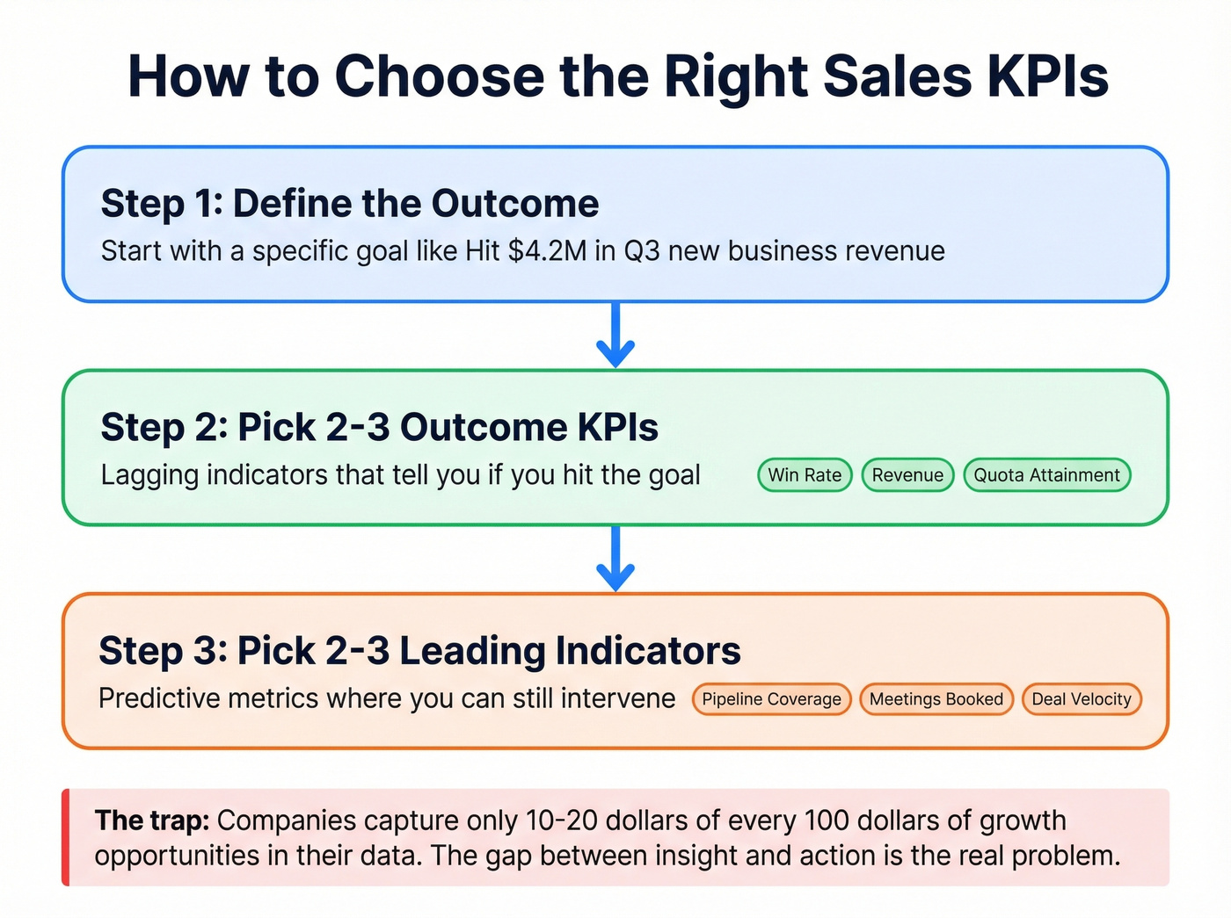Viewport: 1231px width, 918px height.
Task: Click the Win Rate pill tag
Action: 805,475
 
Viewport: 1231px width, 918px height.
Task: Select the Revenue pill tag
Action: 907,475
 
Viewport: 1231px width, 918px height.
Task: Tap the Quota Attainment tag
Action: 1046,475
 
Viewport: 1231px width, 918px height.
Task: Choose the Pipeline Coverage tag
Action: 771,699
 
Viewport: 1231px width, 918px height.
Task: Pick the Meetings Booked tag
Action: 936,699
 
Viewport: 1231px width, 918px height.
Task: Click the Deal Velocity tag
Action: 1081,699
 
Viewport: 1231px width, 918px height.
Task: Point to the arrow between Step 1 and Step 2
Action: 615,336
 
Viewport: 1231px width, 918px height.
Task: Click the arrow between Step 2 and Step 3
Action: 615,560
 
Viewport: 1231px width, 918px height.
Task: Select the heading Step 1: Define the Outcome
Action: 350,204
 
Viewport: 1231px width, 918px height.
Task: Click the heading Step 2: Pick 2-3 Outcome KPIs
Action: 379,428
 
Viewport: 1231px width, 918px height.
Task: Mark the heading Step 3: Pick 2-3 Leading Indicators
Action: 419,651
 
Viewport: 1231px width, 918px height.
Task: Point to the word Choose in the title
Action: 440,76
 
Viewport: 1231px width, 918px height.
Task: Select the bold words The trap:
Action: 152,820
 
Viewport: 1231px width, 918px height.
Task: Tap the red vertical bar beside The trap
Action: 66,837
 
